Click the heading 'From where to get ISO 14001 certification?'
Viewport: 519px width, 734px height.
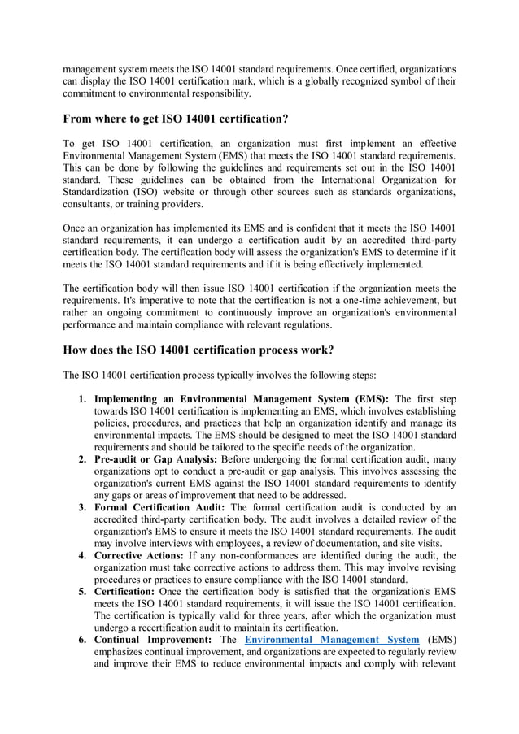coord(176,119)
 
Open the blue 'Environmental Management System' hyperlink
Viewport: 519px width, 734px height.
coord(332,641)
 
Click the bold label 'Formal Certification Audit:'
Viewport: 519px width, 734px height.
coord(161,507)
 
